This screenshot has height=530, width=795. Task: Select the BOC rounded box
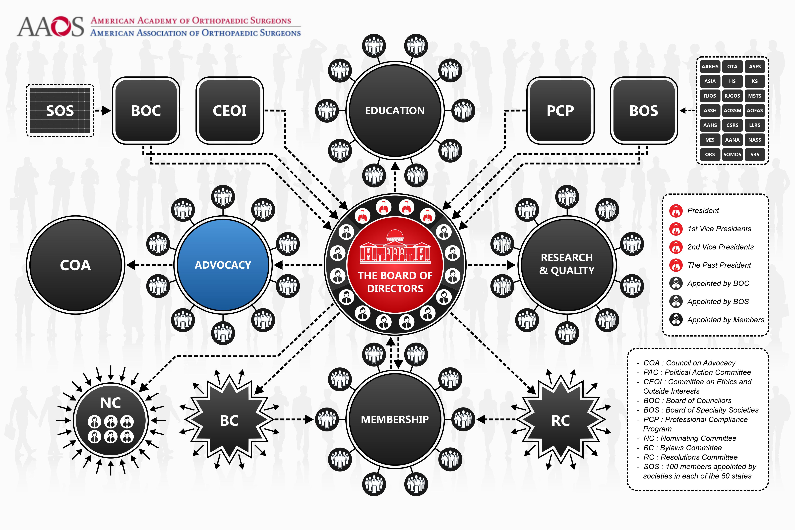(146, 111)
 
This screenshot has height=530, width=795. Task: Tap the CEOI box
(230, 111)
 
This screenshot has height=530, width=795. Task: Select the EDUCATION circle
(395, 111)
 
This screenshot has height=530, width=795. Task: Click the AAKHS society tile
(710, 67)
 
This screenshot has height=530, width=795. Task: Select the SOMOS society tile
(732, 154)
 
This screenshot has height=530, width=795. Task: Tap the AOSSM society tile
(732, 111)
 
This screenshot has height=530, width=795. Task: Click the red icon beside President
(676, 211)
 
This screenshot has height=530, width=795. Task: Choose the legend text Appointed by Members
(725, 320)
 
